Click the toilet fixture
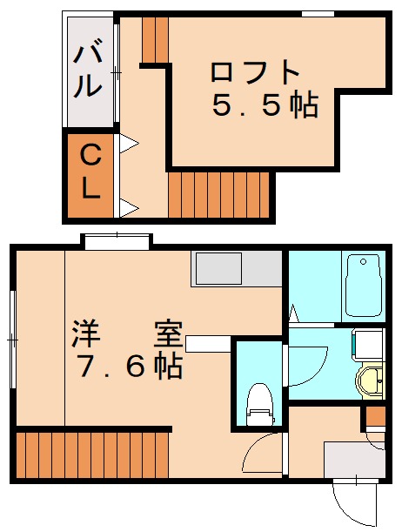point(259,404)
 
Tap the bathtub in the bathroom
point(362,286)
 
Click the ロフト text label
point(255,71)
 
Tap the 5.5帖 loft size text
point(265,105)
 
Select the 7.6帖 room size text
point(131,367)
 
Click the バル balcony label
point(88,68)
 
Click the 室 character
point(169,334)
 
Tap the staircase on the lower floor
point(92,455)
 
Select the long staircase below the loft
point(218,194)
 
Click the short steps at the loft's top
point(155,40)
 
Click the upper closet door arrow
point(129,144)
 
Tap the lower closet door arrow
point(129,207)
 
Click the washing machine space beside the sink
point(368,344)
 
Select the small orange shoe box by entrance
point(376,415)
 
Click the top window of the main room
point(117,241)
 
